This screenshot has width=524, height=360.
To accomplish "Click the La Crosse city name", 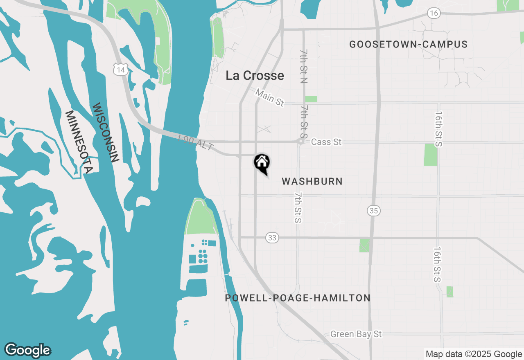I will (x=255, y=75).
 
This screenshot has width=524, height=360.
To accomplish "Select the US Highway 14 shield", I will (x=120, y=70).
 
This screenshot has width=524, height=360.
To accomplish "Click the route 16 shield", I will (x=434, y=13).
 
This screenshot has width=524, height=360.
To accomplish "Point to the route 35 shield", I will (x=373, y=211).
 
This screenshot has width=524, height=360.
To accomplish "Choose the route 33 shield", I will (x=272, y=237).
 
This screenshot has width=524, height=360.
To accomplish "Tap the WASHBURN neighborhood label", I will (x=312, y=181).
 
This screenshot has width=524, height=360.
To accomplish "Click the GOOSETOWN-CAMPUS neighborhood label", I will (x=408, y=45).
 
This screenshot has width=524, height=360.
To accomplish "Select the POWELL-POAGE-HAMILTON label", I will (x=298, y=298).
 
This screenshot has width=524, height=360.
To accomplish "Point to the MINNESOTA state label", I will (x=79, y=141).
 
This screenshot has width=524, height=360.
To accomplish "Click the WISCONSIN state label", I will (x=105, y=133).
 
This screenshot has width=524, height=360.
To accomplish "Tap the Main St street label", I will (x=269, y=98).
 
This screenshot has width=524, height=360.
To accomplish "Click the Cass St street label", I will (x=326, y=142).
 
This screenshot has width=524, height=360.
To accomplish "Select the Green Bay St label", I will (x=356, y=334).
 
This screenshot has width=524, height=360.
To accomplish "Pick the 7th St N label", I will (x=303, y=66).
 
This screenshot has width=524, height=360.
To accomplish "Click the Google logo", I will (x=28, y=350).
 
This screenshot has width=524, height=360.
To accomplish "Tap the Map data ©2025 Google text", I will (x=474, y=354).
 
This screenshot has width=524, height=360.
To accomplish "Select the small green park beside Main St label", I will (x=311, y=99).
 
